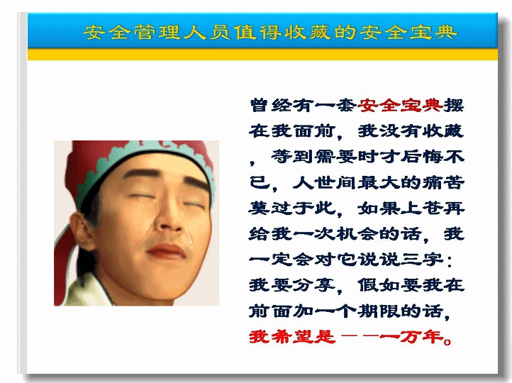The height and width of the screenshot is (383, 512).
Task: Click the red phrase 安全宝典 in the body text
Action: click(x=400, y=106)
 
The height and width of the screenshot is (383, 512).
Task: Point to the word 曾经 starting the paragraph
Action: click(x=271, y=106)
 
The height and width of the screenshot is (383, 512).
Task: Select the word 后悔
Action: click(x=421, y=157)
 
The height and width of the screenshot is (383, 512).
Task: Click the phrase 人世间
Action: click(x=324, y=182)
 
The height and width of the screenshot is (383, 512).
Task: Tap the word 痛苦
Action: click(x=443, y=182)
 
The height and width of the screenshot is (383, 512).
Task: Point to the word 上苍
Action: click(x=421, y=209)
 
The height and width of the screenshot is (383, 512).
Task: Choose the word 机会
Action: click(x=357, y=234)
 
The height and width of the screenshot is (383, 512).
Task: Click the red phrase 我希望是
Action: click(x=292, y=337)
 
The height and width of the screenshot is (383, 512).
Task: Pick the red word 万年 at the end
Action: click(x=421, y=337)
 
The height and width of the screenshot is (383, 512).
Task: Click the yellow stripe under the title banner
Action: click(x=262, y=54)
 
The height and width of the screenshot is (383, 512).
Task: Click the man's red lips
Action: click(x=166, y=251)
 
